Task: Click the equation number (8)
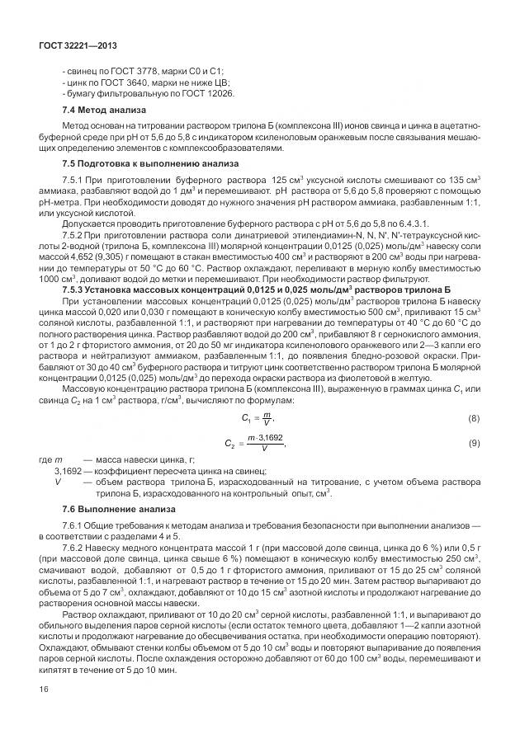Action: click(x=473, y=418)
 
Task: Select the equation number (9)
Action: click(x=473, y=444)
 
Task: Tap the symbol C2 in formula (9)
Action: click(x=230, y=445)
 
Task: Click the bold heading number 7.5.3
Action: click(x=76, y=291)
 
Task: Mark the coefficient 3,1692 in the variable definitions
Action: click(x=71, y=469)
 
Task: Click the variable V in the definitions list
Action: click(x=57, y=480)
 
